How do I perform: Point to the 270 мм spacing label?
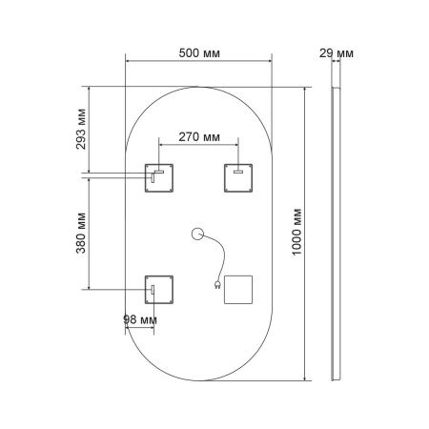click(x=196, y=137)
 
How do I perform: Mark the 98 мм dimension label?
click(x=140, y=319)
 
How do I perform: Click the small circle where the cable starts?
click(x=198, y=233)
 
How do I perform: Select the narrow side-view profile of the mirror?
click(x=336, y=233)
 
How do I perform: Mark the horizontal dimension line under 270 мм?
click(x=196, y=146)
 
